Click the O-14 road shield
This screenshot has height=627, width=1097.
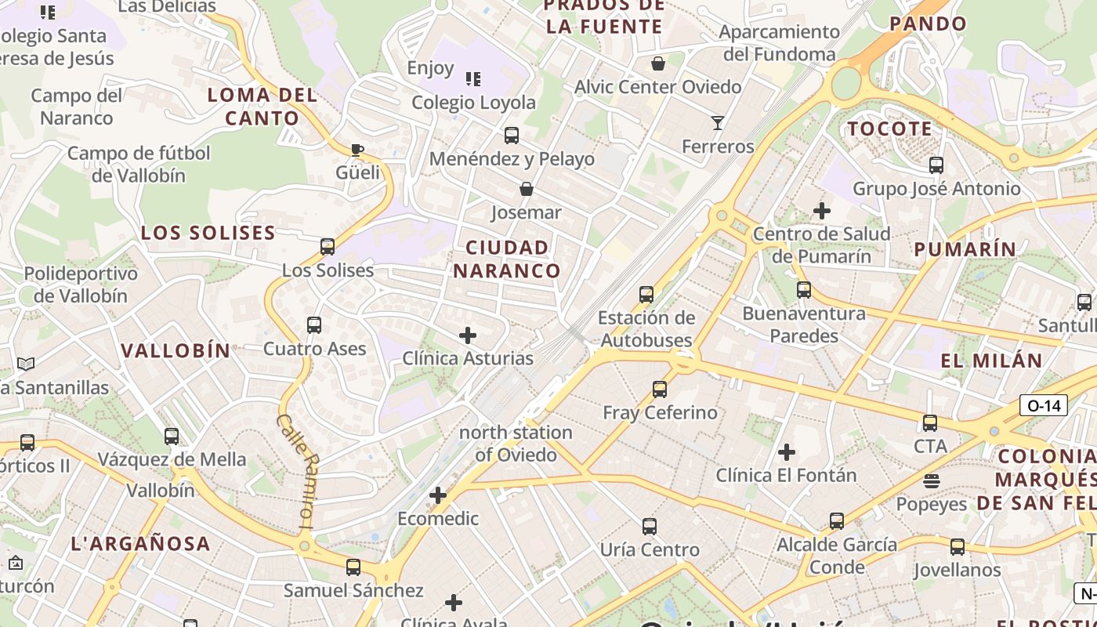tap(1043, 405)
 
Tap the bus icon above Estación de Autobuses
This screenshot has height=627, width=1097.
tap(646, 295)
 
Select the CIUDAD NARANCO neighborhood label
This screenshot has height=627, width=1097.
tap(507, 259)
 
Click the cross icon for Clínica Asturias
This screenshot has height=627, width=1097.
tap(468, 335)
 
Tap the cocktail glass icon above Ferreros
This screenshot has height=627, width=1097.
tap(717, 122)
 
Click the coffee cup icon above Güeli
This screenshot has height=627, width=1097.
tap(357, 149)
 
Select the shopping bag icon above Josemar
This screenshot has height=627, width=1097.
tap(527, 189)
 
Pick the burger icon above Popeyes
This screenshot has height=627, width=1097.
tap(932, 480)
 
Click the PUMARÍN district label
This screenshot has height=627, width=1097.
tap(965, 249)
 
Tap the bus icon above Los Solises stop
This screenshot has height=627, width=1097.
tap(328, 247)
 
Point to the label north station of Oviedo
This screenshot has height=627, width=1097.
tap(516, 443)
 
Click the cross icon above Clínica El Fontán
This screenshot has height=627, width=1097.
tap(787, 451)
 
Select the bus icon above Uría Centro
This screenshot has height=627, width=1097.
tap(650, 526)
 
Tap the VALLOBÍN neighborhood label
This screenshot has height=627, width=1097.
tap(176, 350)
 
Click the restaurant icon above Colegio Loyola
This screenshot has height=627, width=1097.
tap(473, 78)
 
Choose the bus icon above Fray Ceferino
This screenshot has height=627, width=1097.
tap(660, 389)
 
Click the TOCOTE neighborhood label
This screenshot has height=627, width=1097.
tap(890, 129)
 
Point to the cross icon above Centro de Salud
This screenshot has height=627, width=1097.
tap(822, 210)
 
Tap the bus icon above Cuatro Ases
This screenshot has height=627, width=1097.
tap(314, 324)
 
